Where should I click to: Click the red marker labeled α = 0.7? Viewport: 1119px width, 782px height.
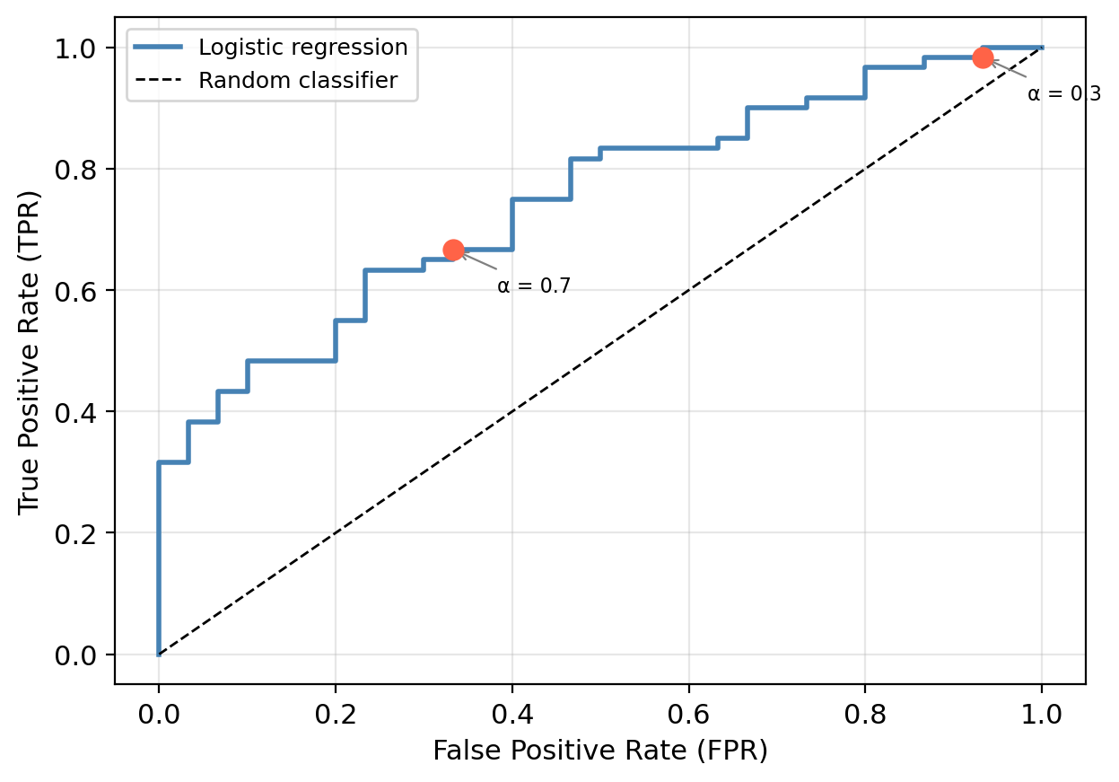(453, 250)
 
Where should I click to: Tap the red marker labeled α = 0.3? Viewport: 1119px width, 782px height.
(983, 57)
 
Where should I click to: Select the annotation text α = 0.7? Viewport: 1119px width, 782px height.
(534, 286)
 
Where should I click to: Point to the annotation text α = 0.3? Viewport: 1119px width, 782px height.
(1063, 93)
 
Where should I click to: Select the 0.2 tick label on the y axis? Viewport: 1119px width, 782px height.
(78, 533)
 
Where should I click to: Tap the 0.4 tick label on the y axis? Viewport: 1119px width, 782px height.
(78, 412)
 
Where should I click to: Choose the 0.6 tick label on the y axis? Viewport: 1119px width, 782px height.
(78, 291)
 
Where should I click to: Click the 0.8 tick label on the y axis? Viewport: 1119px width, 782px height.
(78, 169)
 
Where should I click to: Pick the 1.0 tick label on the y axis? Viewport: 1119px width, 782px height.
(78, 48)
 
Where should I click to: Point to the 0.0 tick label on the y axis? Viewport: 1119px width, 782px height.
(78, 655)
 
